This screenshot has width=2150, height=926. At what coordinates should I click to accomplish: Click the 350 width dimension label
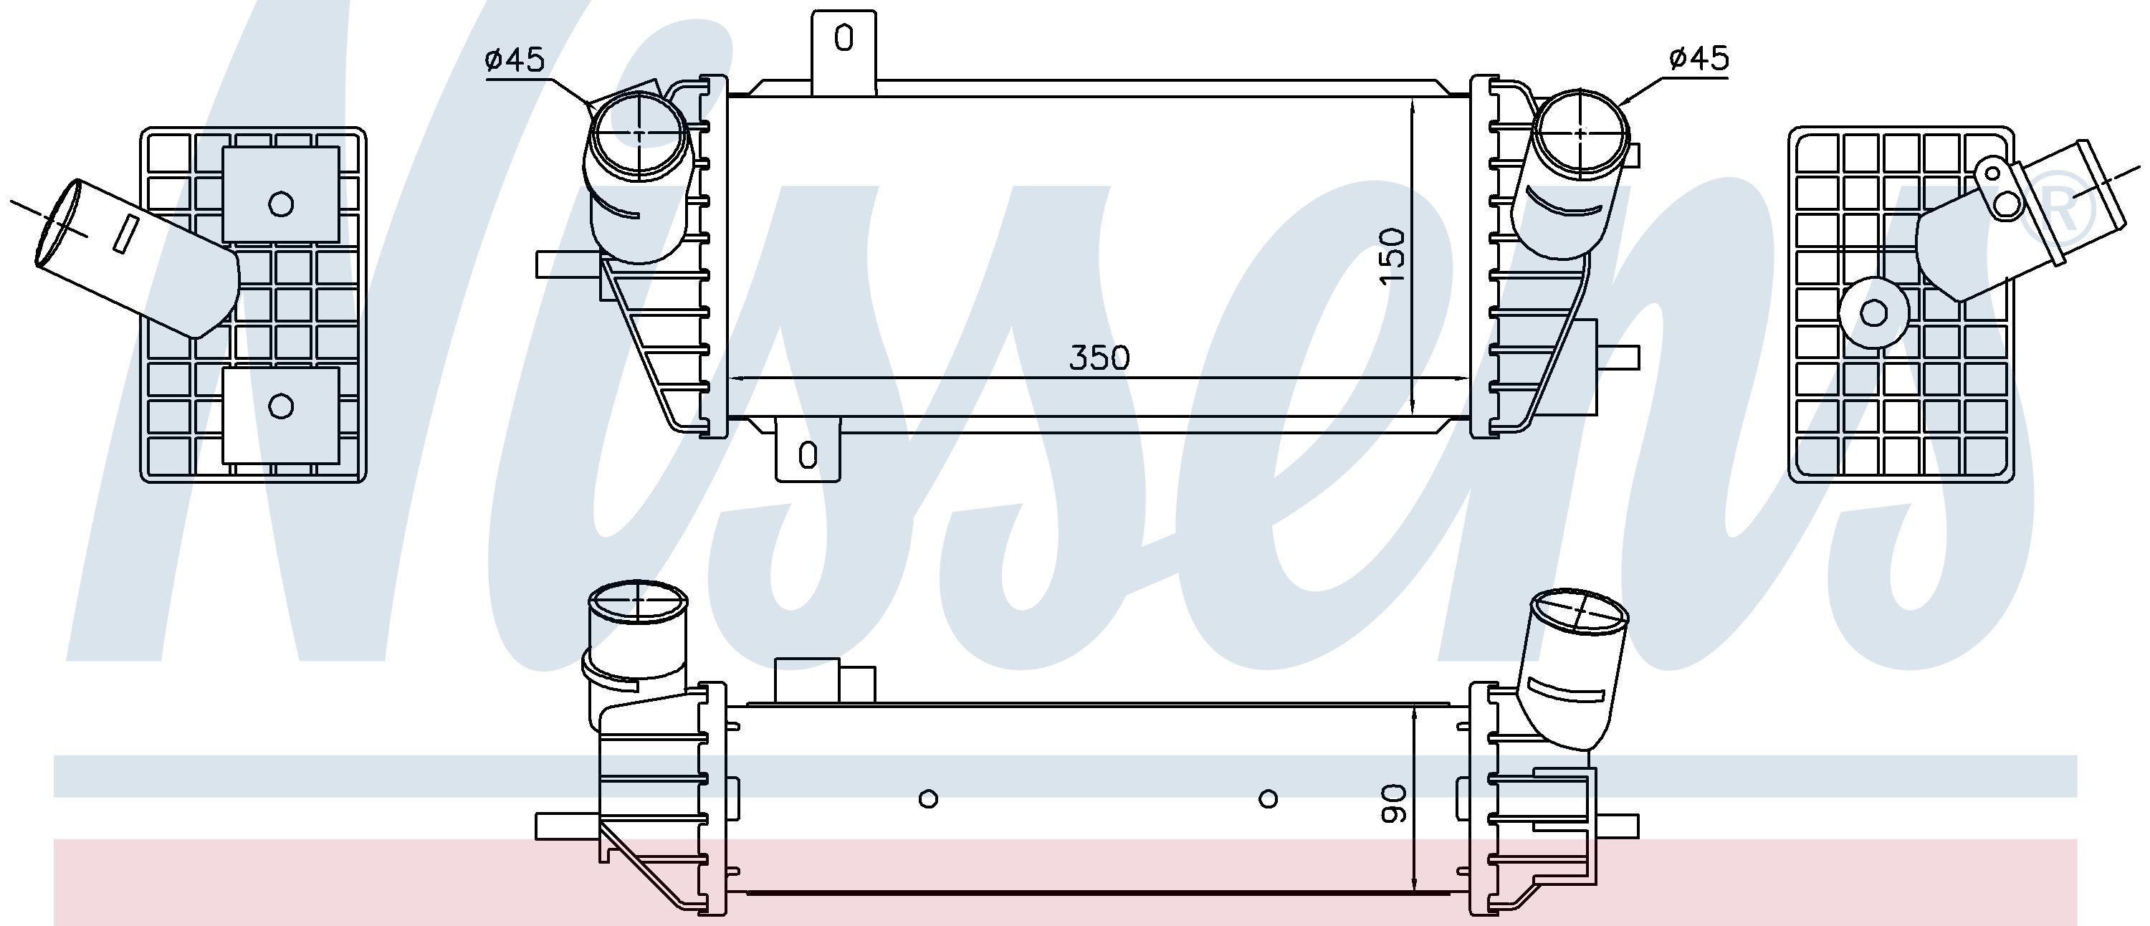tap(1099, 358)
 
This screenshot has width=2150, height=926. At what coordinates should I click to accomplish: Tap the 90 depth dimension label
tap(1394, 803)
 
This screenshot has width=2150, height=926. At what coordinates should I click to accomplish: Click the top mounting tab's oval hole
tap(844, 39)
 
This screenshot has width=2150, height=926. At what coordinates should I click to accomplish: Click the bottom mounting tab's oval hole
tap(807, 456)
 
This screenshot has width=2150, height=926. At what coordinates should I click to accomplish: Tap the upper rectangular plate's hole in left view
tap(280, 204)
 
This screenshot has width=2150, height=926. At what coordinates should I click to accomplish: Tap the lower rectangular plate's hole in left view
tap(280, 406)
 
